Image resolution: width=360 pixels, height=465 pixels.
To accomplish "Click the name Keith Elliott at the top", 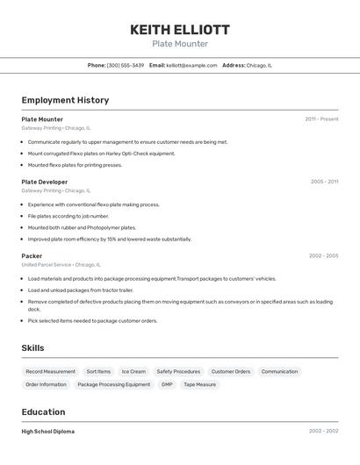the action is [180, 29].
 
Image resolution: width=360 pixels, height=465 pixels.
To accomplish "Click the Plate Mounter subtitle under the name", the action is [180, 44].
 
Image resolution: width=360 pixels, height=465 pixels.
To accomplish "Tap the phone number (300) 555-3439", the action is [126, 66].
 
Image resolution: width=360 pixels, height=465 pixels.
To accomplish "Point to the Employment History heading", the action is [65, 100].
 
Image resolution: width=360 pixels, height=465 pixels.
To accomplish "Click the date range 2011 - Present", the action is [321, 119].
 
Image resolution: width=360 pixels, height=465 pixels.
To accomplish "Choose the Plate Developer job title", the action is [44, 182].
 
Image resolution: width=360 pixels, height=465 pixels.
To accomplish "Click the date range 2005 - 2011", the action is [324, 182].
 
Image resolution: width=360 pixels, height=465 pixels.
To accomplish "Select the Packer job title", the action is [32, 256].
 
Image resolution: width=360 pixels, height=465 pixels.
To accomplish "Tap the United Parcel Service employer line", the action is [61, 264].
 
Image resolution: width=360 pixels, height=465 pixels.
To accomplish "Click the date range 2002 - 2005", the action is [323, 256].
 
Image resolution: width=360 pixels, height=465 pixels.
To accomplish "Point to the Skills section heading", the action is [32, 348].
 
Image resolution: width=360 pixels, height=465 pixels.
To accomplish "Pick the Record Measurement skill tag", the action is [50, 371].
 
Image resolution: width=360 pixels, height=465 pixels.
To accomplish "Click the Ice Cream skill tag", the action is [133, 371].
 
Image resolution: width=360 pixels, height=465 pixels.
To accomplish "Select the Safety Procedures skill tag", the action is [178, 371].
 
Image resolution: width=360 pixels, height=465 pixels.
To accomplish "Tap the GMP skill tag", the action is [167, 384].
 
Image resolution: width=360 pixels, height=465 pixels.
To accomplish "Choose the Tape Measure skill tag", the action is [199, 384].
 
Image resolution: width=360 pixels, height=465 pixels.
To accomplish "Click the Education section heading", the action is [43, 411].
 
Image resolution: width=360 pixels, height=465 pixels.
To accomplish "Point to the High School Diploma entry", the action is [47, 432].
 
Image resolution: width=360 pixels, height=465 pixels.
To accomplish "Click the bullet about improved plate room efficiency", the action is [109, 239].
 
